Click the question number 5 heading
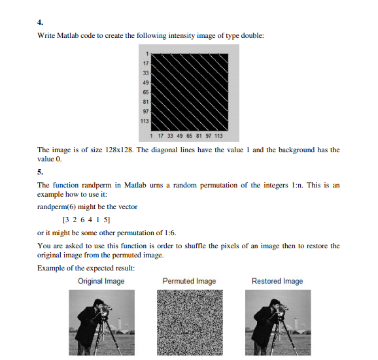(x=40, y=173)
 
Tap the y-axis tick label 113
(x=145, y=121)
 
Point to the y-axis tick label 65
(x=146, y=92)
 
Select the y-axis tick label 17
(x=146, y=63)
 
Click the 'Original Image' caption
(x=101, y=282)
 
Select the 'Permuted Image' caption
(x=189, y=282)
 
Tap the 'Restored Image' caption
(x=277, y=282)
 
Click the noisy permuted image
(x=189, y=323)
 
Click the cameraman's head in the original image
(x=98, y=304)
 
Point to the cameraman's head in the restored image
(x=274, y=304)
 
